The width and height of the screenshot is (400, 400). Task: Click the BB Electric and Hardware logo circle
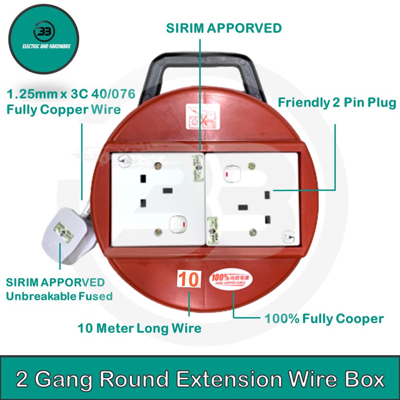pyautogui.click(x=44, y=39)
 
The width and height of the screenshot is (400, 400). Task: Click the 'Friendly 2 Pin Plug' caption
pyautogui.click(x=337, y=103)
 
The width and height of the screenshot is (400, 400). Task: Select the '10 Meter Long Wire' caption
pyautogui.click(x=139, y=328)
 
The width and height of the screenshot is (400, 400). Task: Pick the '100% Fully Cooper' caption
pyautogui.click(x=324, y=319)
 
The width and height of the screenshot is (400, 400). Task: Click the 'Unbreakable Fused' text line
pyautogui.click(x=59, y=296)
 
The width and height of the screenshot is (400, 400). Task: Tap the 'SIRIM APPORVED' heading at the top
pyautogui.click(x=223, y=28)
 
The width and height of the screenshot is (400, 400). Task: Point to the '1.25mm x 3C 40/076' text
pyautogui.click(x=71, y=94)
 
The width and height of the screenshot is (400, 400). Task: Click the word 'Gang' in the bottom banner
pyautogui.click(x=74, y=380)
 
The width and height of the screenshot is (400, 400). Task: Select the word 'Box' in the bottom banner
pyautogui.click(x=363, y=380)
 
